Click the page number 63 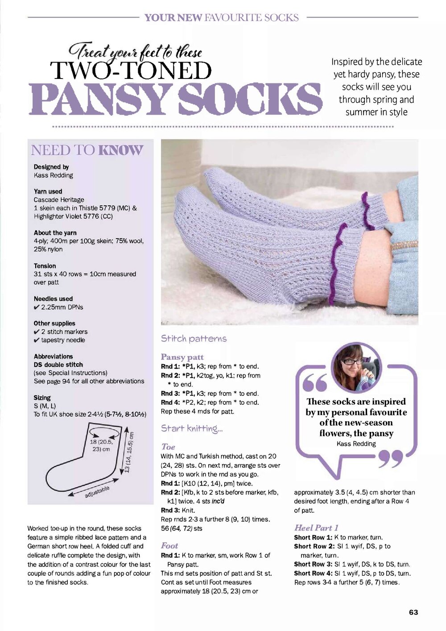[413, 612]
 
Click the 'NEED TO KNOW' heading [87, 150]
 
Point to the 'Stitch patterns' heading [194, 339]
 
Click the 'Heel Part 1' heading [316, 527]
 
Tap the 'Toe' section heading [168, 447]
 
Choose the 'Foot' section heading [169, 545]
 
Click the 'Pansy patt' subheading [182, 357]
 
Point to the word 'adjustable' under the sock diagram [97, 491]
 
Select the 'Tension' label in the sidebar [45, 266]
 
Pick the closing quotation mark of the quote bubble [391, 458]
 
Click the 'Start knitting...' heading [192, 428]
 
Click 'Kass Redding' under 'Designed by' [53, 175]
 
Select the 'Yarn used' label [48, 191]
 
